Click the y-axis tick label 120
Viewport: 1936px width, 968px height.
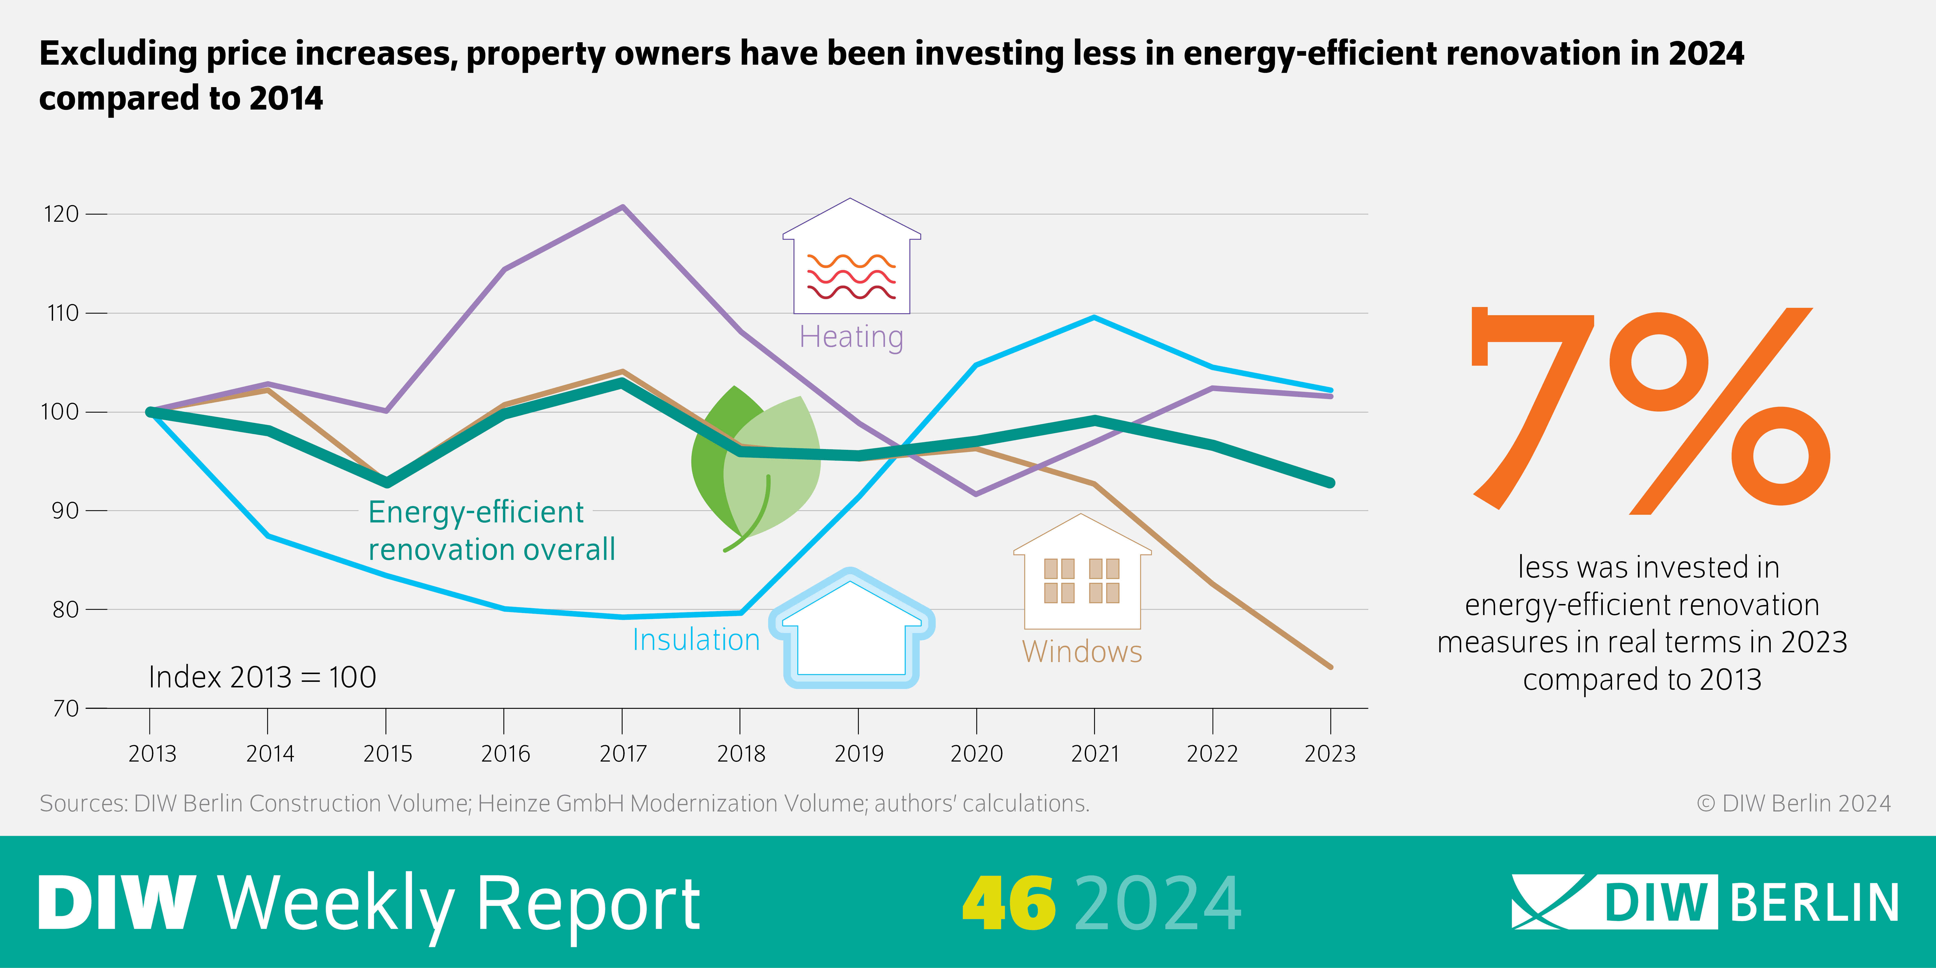(x=61, y=214)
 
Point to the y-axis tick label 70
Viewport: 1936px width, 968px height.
(x=65, y=708)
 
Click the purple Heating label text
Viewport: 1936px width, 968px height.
(x=851, y=337)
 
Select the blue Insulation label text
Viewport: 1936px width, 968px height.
(x=696, y=640)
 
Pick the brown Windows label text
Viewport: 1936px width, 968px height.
(x=1081, y=651)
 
